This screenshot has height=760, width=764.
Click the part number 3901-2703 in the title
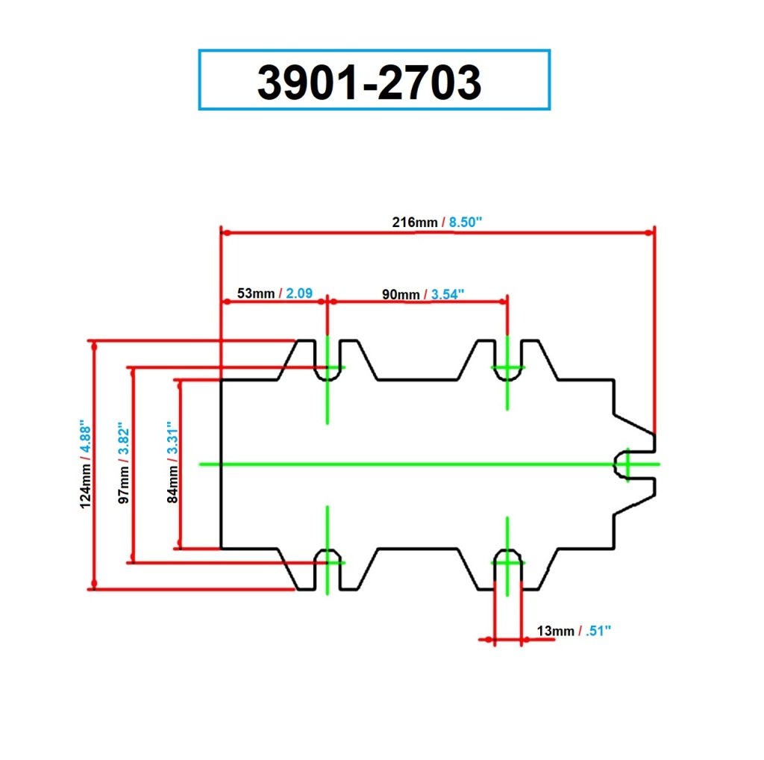369,81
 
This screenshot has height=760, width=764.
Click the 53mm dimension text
256,293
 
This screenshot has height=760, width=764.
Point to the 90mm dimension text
401,294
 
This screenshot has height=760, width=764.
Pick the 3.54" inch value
448,294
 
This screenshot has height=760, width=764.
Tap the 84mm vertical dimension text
173,485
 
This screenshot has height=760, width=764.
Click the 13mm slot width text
555,632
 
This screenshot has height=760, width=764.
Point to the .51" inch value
598,632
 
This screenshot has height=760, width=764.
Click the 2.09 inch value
298,293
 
